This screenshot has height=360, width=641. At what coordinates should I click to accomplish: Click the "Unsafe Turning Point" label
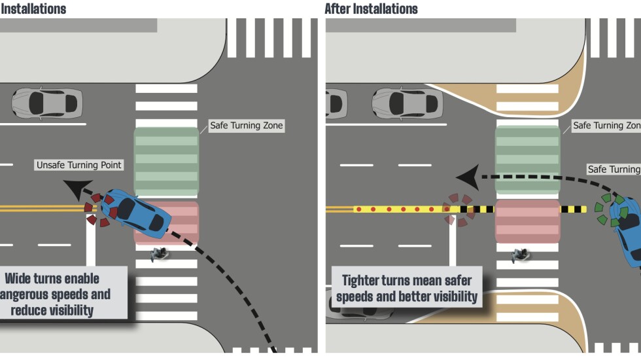[x=79, y=165]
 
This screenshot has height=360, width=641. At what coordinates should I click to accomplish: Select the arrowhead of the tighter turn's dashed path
[x=466, y=177]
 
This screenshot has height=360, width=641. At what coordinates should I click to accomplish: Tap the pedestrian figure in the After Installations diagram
[x=520, y=254]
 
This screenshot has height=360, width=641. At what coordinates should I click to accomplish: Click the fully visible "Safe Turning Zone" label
[x=247, y=125]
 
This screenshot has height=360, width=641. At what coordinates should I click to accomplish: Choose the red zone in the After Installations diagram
[x=527, y=221]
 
